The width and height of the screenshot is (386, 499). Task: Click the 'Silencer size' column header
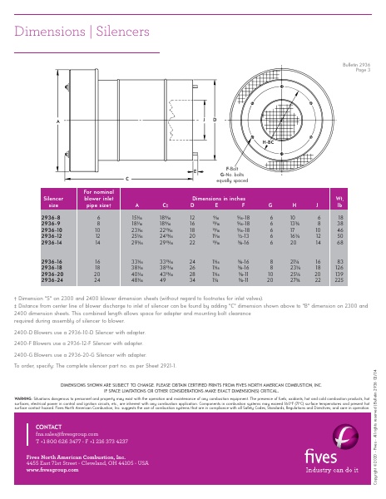(x=53, y=203)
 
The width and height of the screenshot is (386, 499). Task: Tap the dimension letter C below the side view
(x=126, y=178)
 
